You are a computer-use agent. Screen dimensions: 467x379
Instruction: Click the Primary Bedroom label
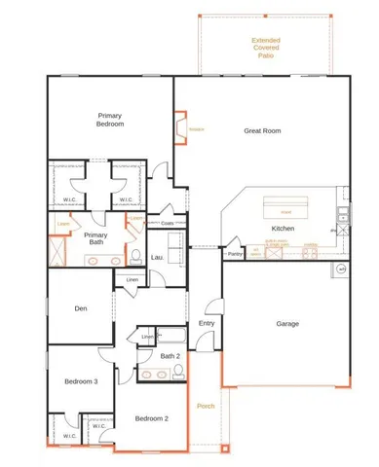[x=110, y=119]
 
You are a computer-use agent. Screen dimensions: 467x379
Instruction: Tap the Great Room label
[x=262, y=129]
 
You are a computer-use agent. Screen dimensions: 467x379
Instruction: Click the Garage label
[x=286, y=324]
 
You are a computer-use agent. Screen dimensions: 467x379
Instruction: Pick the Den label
[x=82, y=309]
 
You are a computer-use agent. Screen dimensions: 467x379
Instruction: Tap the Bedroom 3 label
[x=82, y=381]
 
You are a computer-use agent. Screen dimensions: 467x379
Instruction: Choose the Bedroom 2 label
[x=152, y=418]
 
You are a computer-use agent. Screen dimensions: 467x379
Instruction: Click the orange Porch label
[x=206, y=405]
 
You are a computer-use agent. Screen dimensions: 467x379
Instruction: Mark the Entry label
[x=207, y=323]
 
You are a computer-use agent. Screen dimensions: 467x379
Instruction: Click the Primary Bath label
[x=95, y=238]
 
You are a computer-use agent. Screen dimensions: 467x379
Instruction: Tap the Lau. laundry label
[x=157, y=257]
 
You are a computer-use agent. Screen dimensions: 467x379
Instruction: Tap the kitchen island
[x=285, y=207]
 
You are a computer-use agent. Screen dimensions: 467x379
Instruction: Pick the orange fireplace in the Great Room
[x=179, y=127]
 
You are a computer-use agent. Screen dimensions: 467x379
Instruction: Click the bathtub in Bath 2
[x=171, y=337]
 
